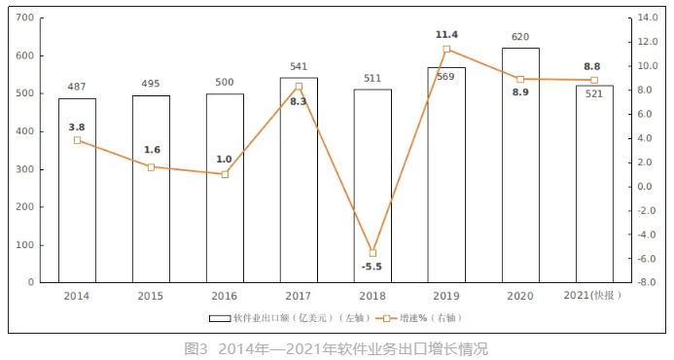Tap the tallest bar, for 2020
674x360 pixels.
click(x=520, y=165)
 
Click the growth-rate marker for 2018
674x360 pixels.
click(x=372, y=253)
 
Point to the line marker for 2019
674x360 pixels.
click(x=446, y=49)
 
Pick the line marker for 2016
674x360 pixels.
click(x=225, y=174)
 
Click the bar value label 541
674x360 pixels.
click(x=299, y=67)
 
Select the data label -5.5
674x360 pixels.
click(x=372, y=267)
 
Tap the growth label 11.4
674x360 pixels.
click(x=446, y=35)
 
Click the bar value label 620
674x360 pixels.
click(x=520, y=38)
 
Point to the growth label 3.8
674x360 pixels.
click(x=77, y=126)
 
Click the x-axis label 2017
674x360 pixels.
click(x=299, y=295)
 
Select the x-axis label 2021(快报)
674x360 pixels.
click(x=593, y=295)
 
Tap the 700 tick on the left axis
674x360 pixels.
click(x=24, y=18)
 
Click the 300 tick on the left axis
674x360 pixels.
click(x=24, y=169)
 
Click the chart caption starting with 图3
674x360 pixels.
click(x=336, y=347)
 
